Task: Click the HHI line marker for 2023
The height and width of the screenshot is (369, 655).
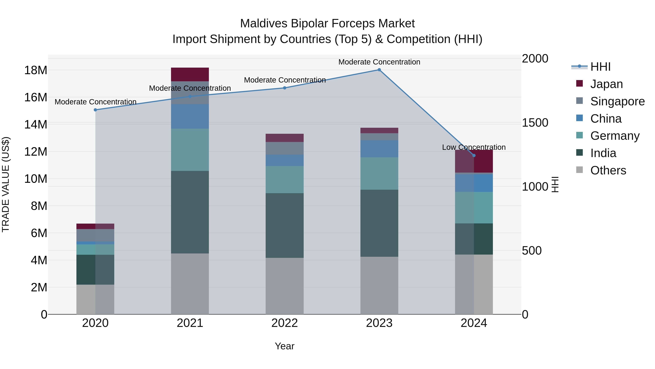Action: pyautogui.click(x=379, y=70)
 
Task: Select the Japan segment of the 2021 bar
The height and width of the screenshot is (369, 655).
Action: pyautogui.click(x=190, y=74)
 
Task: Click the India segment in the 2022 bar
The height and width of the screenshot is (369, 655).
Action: pyautogui.click(x=285, y=225)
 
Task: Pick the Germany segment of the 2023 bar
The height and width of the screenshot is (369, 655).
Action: pyautogui.click(x=379, y=173)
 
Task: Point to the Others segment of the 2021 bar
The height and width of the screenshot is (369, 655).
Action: pyautogui.click(x=190, y=284)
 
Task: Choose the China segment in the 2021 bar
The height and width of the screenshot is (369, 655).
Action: pyautogui.click(x=190, y=116)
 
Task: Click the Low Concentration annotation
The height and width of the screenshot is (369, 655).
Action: pyautogui.click(x=474, y=147)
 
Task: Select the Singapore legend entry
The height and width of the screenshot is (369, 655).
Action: pyautogui.click(x=617, y=101)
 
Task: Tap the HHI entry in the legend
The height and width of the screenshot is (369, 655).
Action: pyautogui.click(x=600, y=67)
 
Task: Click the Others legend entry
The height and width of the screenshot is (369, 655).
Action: pyautogui.click(x=608, y=170)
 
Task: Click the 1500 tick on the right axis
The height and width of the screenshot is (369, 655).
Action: pyautogui.click(x=535, y=123)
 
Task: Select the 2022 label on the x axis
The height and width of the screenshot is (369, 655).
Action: pyautogui.click(x=285, y=323)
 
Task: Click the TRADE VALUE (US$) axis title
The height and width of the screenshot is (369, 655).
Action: pyautogui.click(x=6, y=184)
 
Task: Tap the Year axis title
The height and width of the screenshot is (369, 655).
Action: pyautogui.click(x=285, y=346)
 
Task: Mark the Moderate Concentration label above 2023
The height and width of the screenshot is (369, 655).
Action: pyautogui.click(x=379, y=62)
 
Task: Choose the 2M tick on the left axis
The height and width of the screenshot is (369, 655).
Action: pyautogui.click(x=39, y=287)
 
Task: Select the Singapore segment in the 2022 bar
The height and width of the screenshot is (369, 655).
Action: pyautogui.click(x=285, y=148)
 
